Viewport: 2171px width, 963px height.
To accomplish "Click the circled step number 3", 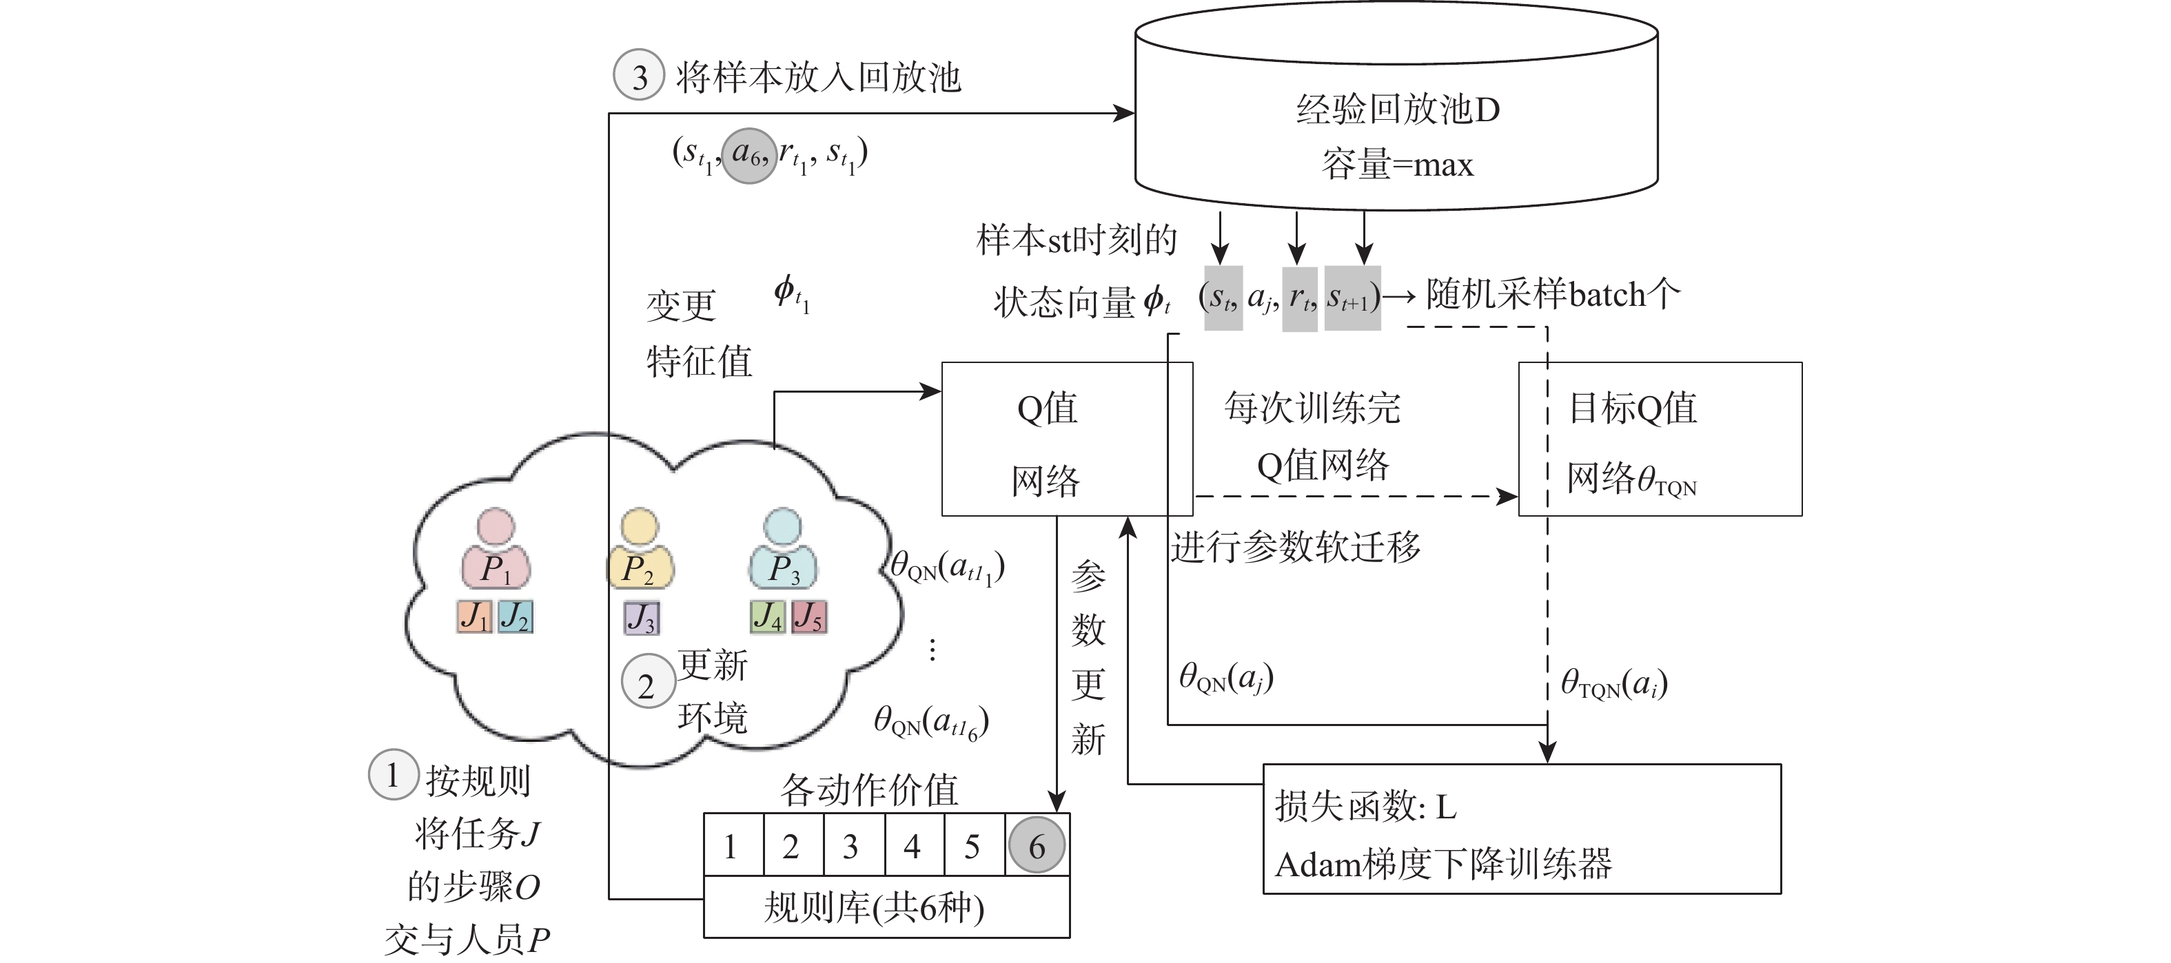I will click(x=639, y=76).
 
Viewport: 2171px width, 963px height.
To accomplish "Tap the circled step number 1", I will click(x=393, y=774).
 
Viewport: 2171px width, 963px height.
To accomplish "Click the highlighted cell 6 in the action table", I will click(x=1037, y=845).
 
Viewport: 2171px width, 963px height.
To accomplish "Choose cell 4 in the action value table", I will click(x=913, y=845).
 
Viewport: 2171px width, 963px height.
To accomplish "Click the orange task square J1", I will click(x=474, y=617).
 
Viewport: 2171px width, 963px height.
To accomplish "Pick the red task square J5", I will click(x=809, y=617).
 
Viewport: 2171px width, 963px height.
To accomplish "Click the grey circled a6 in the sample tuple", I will click(x=748, y=155).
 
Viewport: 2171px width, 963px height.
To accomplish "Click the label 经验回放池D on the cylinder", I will click(x=1397, y=110).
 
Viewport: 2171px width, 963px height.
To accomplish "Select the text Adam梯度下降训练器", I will click(x=1443, y=864).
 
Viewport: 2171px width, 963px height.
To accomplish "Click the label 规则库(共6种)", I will click(x=874, y=907).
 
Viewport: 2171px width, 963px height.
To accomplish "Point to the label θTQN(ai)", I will click(x=1614, y=683).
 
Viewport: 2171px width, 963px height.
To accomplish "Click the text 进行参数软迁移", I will click(x=1295, y=547).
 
